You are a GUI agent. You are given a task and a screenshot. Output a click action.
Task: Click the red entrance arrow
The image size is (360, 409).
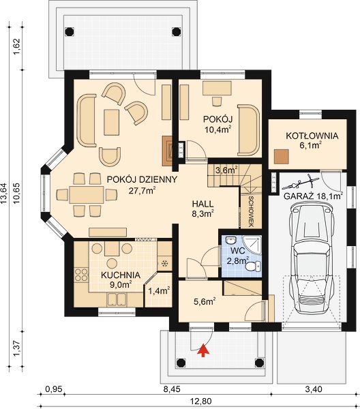[204, 350]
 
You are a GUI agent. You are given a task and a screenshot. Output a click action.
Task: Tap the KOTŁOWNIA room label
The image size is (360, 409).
[312, 136]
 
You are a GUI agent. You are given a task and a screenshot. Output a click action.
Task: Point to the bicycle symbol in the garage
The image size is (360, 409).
[301, 183]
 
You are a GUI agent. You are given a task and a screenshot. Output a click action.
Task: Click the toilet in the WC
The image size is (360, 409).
[252, 267]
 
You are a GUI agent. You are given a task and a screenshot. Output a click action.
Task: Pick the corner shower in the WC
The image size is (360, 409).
[251, 244]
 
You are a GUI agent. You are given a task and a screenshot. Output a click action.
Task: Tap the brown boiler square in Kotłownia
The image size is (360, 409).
[281, 157]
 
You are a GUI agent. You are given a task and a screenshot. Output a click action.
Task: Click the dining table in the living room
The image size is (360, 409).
[87, 194]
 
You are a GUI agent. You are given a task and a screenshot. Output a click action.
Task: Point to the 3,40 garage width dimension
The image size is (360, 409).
[314, 389]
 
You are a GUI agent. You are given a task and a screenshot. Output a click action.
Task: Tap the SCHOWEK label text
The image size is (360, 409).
[252, 211]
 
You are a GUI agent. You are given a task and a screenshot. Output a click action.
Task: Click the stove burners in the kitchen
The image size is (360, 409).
[81, 275]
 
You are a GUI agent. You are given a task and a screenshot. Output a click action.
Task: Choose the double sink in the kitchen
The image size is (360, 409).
[117, 299]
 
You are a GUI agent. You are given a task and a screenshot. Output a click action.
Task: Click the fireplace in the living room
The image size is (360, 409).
[167, 151]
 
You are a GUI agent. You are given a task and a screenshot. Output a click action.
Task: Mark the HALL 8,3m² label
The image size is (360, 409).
[203, 209]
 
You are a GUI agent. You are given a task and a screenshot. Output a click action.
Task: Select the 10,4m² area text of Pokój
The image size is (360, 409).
[218, 130]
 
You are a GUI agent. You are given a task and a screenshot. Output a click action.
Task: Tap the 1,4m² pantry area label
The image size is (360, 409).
[159, 290]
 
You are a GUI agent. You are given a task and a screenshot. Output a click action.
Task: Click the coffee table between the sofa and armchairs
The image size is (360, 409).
[112, 122]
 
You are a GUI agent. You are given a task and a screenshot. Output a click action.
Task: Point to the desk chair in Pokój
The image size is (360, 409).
[217, 101]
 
